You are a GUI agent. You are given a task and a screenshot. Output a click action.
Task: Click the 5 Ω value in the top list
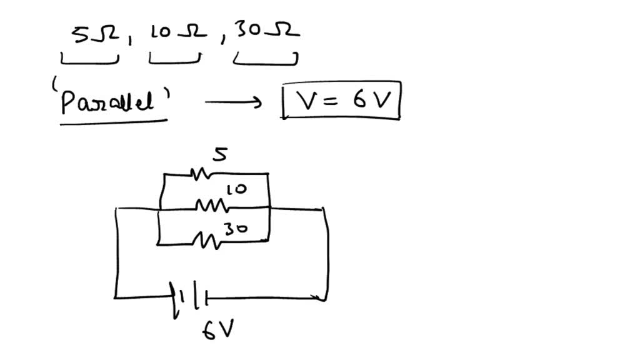[92, 36]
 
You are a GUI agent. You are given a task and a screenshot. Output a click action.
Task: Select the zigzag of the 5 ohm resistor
[201, 175]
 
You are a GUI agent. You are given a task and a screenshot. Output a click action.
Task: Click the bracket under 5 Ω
[89, 61]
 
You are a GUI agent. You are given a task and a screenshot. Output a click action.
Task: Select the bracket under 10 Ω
[174, 61]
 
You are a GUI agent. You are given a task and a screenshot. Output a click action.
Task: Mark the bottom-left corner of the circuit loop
[116, 297]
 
